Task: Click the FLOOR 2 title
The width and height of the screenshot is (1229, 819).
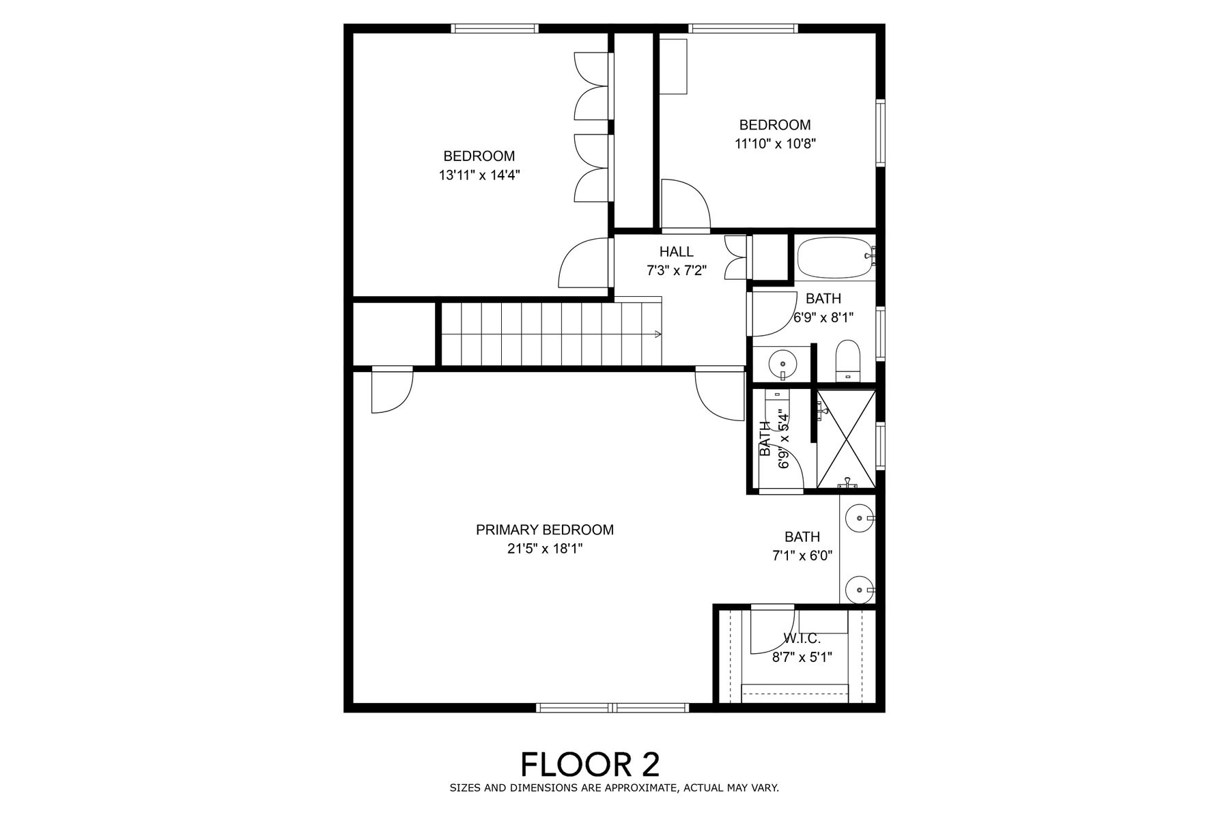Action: click(591, 764)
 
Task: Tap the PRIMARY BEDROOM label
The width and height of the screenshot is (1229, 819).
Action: click(545, 530)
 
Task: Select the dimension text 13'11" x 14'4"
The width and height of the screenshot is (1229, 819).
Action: click(480, 175)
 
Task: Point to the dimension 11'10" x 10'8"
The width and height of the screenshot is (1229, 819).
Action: click(776, 143)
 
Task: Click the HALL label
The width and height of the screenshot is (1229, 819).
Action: click(677, 252)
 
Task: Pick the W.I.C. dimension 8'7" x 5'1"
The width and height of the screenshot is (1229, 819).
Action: click(802, 657)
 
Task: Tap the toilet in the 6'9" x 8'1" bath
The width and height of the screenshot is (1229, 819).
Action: click(849, 360)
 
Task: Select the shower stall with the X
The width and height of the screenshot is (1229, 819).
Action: click(847, 438)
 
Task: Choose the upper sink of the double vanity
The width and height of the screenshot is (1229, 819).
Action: click(858, 519)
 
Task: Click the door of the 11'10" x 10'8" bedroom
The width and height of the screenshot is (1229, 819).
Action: click(686, 204)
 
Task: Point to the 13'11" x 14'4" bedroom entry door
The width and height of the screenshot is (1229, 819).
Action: click(584, 263)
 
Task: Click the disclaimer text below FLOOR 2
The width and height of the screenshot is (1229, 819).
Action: click(614, 788)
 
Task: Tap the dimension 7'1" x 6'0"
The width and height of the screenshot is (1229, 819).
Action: click(802, 556)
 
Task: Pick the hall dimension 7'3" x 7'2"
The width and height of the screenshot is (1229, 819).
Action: click(677, 271)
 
